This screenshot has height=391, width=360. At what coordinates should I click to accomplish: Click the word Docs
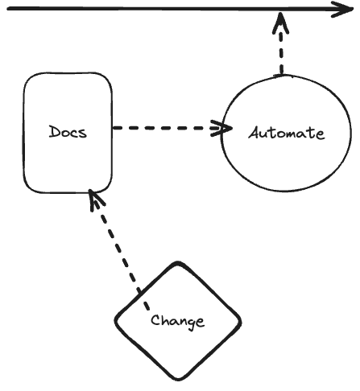68,132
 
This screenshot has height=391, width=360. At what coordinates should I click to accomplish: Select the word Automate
287,133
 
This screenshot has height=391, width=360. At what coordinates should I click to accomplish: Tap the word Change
177,321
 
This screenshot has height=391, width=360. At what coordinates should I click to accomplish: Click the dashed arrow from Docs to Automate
172,128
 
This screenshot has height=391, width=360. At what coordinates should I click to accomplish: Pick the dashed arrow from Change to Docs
118,249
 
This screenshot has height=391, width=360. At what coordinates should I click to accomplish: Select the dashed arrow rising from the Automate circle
281,44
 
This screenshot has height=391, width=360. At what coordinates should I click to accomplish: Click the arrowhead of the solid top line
342,10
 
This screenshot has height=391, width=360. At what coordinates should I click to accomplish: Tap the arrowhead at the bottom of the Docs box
95,199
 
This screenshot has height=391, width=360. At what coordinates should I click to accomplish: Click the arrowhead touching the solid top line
281,22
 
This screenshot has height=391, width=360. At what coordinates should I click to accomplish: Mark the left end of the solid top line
7,10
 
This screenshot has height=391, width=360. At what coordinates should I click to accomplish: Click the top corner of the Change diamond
177,263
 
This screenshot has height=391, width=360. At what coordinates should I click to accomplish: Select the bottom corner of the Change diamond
178,379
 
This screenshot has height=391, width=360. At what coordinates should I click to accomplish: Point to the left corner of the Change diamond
116,320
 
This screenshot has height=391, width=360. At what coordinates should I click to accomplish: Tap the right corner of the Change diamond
240,322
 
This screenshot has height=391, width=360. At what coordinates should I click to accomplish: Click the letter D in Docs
55,132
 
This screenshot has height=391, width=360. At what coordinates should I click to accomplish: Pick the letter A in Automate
255,133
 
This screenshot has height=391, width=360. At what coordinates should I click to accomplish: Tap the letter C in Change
155,320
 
